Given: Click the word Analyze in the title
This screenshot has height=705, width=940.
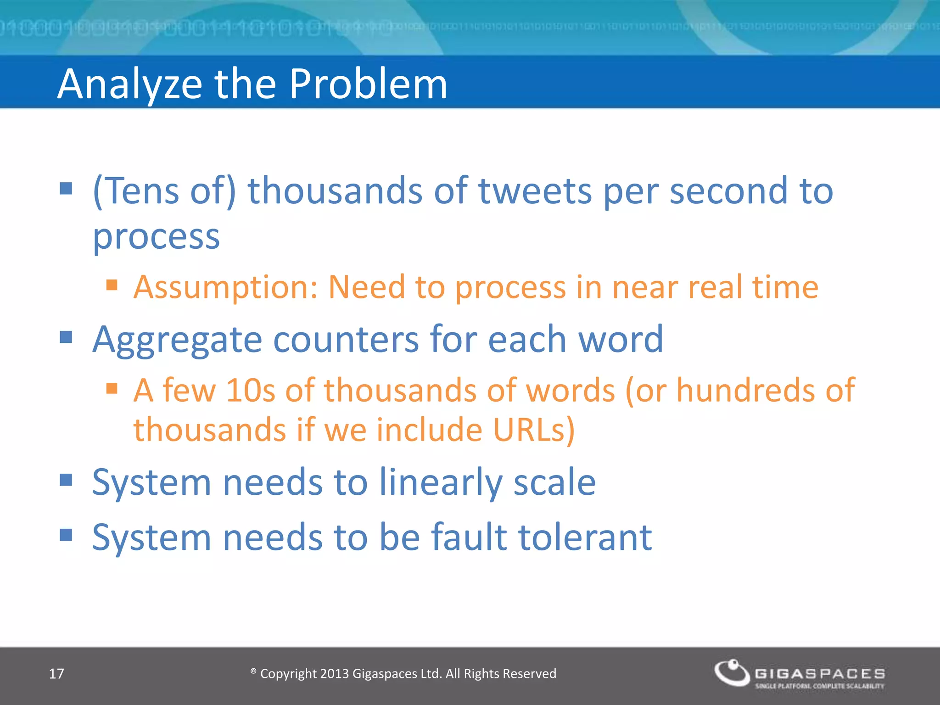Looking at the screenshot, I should click(x=130, y=85).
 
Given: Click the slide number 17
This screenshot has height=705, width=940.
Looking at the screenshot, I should click(x=56, y=674).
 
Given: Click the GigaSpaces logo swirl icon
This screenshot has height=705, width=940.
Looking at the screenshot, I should click(x=732, y=672).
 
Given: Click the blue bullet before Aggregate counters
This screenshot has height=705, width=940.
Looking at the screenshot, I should click(x=66, y=337).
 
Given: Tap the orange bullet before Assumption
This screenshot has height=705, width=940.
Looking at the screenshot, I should click(x=112, y=285).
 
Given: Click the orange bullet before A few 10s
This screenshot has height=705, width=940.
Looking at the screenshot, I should click(x=112, y=389).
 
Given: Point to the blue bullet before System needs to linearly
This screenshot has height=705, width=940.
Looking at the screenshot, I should click(x=66, y=480).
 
